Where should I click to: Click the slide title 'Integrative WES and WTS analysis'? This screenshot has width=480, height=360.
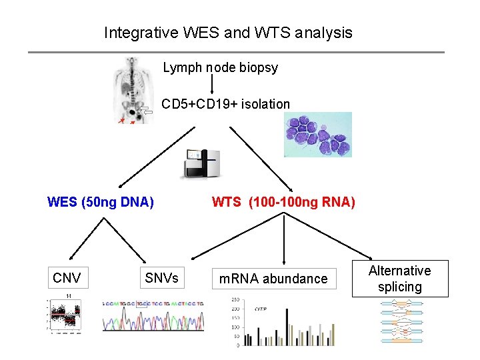coord(228,32)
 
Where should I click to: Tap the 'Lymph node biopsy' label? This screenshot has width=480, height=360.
coord(220,67)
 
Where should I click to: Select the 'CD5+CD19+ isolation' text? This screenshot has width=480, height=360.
coord(225,104)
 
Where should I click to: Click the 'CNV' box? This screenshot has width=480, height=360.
coord(67,278)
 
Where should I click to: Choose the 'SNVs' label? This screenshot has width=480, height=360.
coord(161,278)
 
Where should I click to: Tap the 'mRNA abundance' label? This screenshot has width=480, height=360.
coord(273,279)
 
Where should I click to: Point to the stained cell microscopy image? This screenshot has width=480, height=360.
coord(318,134)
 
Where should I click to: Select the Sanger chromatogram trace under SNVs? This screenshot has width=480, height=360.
coord(153,315)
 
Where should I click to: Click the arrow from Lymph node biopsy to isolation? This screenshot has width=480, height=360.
coord(212,83)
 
